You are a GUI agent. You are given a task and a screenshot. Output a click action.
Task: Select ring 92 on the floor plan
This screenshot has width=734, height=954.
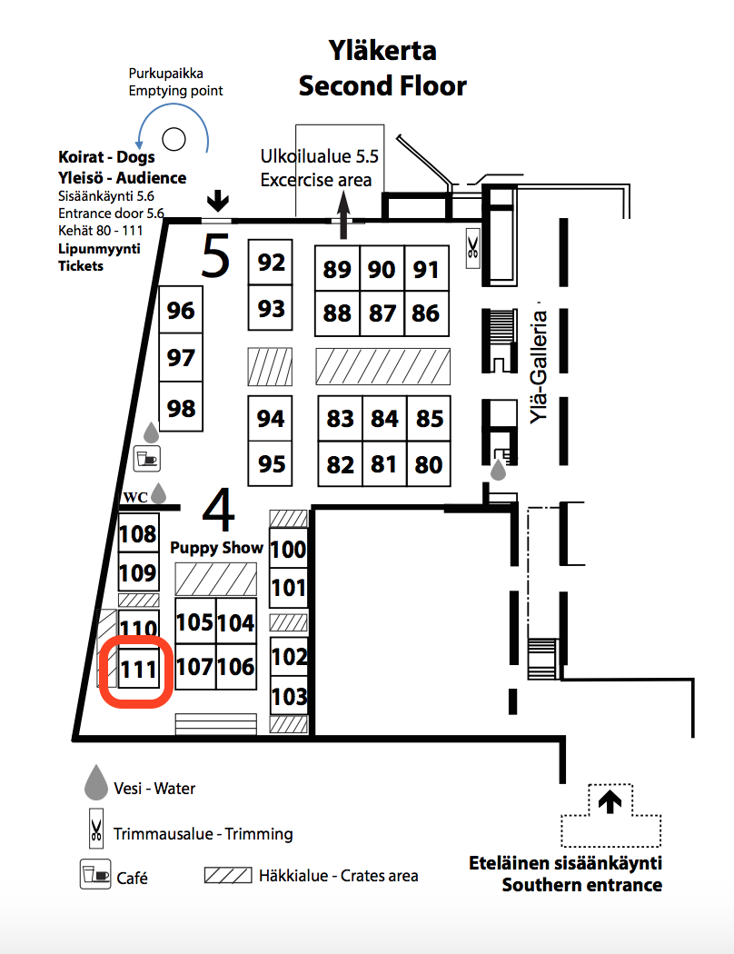pos(271,263)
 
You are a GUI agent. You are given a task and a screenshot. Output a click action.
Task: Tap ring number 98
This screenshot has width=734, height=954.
pos(181,407)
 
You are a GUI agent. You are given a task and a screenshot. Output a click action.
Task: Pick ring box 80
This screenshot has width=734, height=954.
pos(428,464)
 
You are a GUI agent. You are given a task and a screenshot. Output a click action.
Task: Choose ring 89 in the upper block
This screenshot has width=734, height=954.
pos(337,268)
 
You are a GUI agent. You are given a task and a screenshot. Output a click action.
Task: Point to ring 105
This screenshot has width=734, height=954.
pos(195,621)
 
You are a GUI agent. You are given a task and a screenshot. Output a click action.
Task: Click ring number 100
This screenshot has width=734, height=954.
pos(288,549)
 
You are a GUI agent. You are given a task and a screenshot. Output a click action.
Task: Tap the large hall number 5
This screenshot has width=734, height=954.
pos(216,256)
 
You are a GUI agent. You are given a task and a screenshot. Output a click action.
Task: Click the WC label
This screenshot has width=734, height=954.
pos(135,497)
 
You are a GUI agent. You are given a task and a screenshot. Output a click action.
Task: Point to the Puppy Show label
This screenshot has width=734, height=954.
pos(216,548)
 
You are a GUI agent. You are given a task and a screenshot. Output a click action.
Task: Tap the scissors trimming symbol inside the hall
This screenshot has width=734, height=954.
pos(473,248)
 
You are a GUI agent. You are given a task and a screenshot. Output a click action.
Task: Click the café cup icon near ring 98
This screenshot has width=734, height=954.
pos(146,459)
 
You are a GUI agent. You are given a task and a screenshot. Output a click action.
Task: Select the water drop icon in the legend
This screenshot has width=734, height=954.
pos(96,781)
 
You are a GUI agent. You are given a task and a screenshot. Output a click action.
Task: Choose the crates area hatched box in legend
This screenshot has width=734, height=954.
pos(228,876)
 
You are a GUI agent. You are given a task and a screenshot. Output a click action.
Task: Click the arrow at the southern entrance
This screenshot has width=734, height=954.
pos(610,801)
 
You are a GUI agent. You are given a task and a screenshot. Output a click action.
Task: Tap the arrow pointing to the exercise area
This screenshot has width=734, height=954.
pos(343,214)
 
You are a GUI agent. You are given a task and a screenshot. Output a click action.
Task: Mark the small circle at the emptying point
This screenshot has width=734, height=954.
pos(174,139)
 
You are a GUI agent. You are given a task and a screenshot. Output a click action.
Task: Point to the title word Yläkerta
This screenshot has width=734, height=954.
pos(382,50)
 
